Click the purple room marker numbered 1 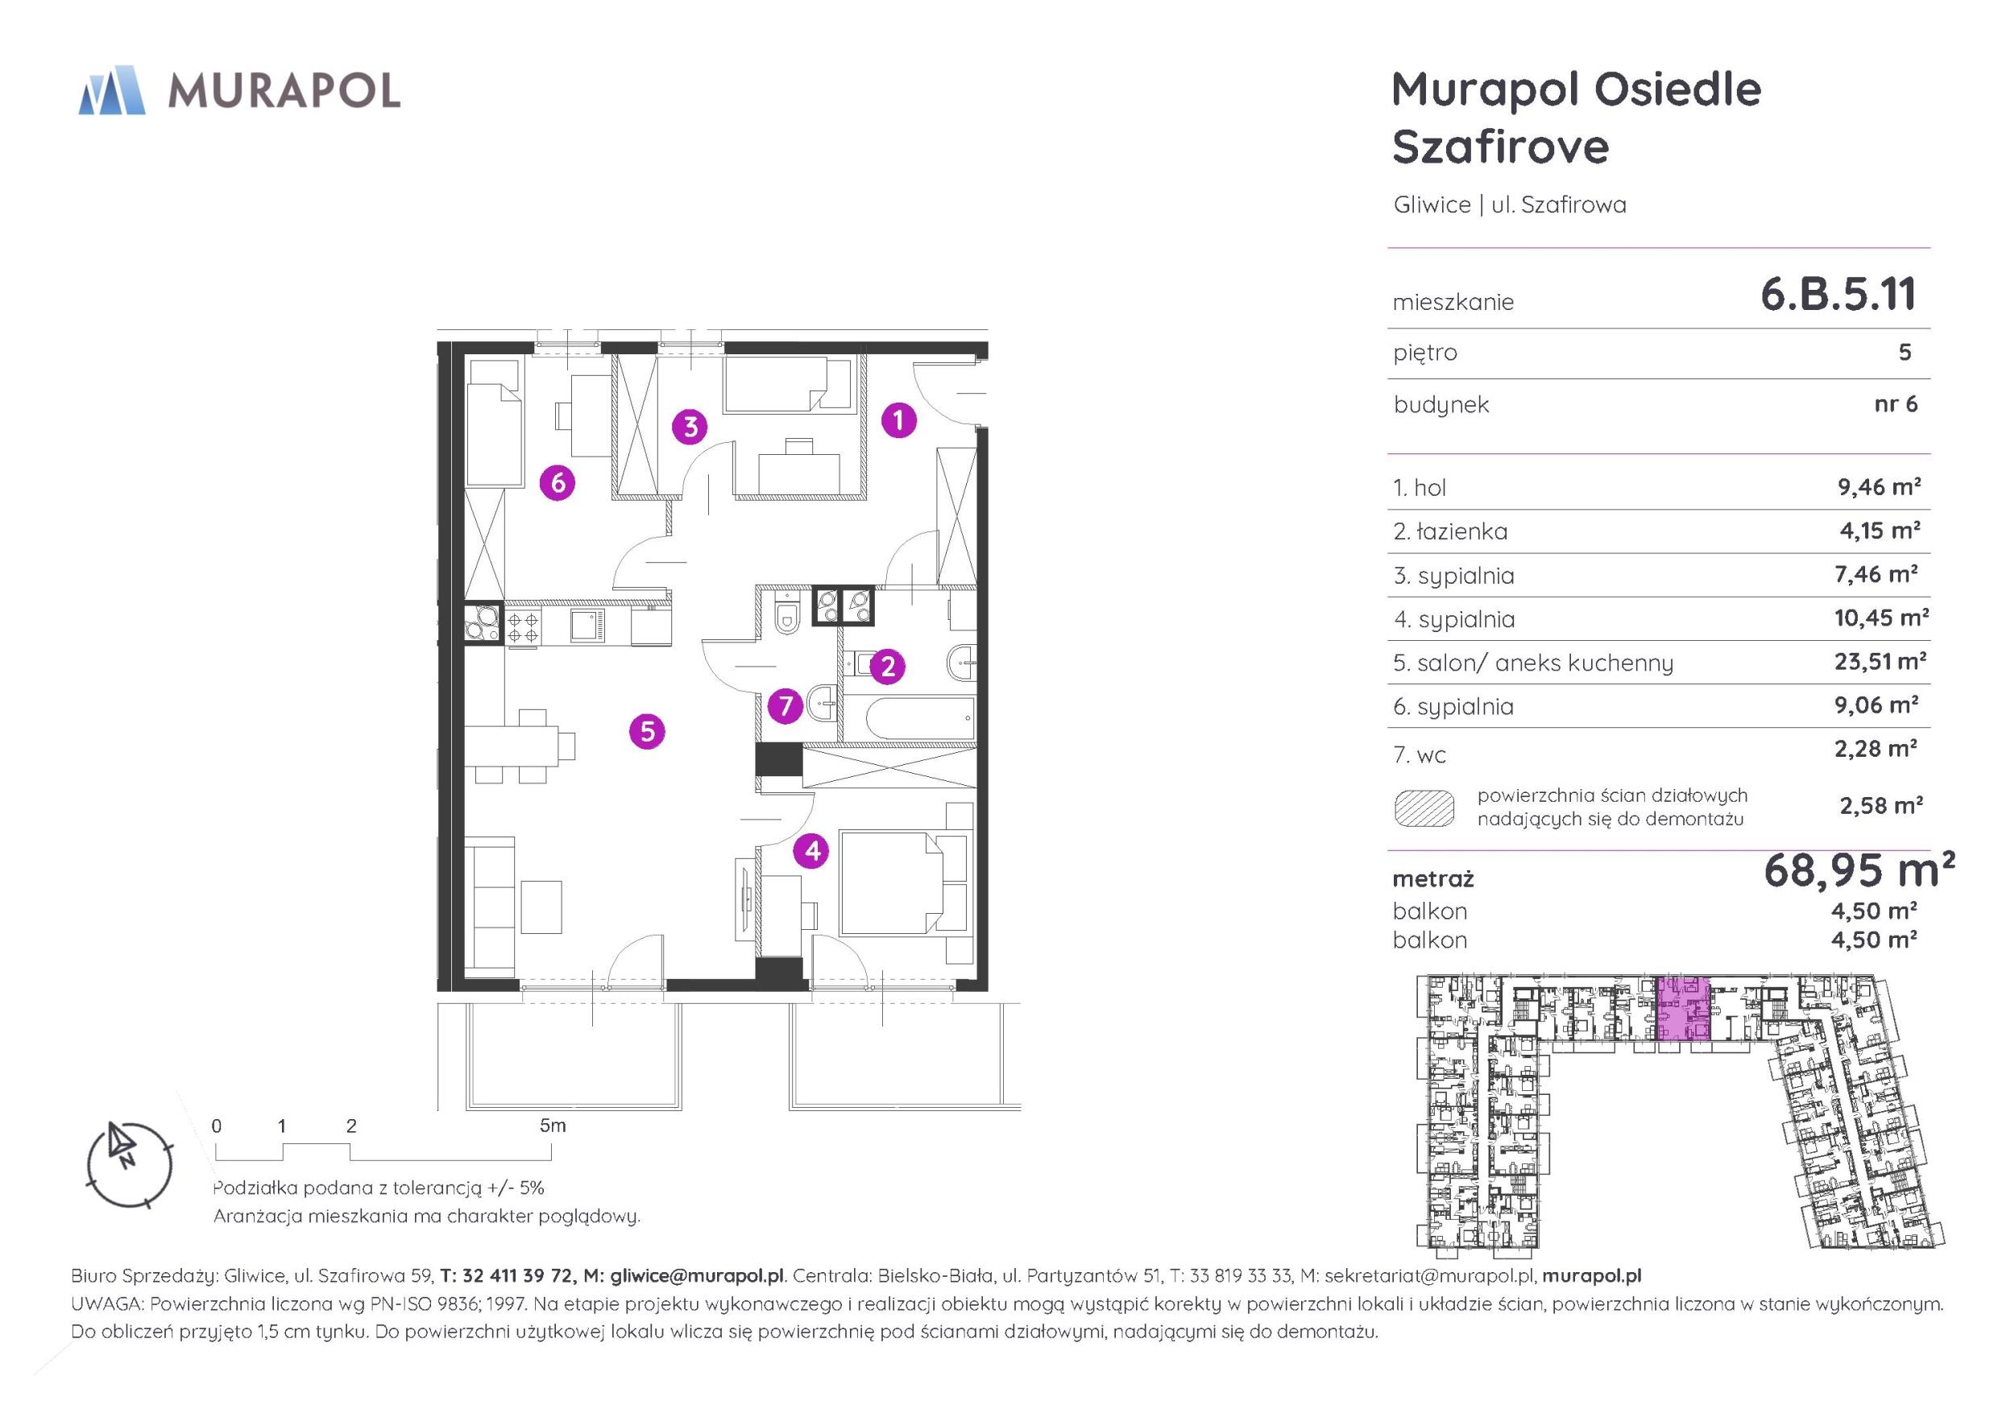tap(898, 421)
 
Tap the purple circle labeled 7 tap(786, 706)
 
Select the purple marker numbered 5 tap(647, 732)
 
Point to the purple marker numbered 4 tap(812, 851)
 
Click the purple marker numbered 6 tap(558, 481)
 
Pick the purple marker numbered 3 tap(690, 426)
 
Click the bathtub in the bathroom tap(907, 718)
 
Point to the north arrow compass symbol tap(131, 1165)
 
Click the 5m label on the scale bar tap(553, 1126)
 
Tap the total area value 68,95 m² tap(1859, 870)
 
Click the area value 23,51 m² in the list tap(1880, 662)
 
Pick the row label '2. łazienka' tap(1450, 531)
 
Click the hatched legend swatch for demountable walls tap(1424, 808)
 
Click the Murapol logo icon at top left tap(111, 90)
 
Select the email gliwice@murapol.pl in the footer tap(698, 1275)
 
